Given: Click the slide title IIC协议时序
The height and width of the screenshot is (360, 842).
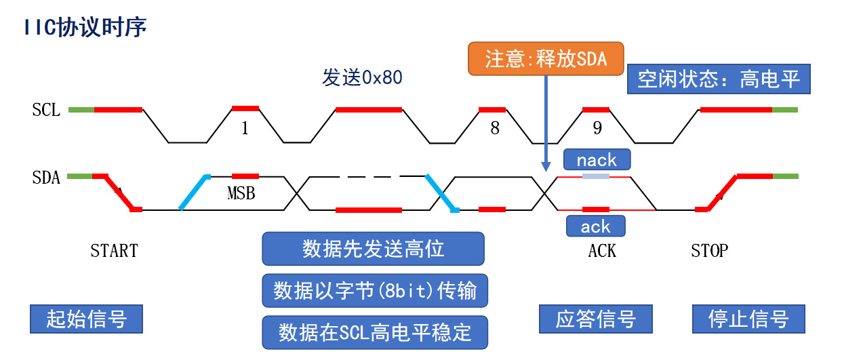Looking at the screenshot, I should pos(85,28).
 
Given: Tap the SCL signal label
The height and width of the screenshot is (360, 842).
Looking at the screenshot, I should pos(46,110).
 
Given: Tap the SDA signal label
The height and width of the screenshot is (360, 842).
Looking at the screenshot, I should pos(46,178).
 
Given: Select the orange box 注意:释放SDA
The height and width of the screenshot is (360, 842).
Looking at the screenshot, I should pos(546,59).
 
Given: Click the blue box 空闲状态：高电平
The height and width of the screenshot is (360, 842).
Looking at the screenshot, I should pos(719,79).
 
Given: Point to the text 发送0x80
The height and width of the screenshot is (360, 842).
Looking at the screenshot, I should pos(362,78).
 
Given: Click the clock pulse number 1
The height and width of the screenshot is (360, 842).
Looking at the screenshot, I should pos(245,128).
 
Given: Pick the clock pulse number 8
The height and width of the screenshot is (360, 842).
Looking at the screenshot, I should pos(495,128).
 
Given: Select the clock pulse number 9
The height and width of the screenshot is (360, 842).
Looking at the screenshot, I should pos(597,128).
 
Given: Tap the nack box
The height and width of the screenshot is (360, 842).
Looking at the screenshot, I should pos(597,160).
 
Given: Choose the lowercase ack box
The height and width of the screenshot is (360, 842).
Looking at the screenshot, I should pos(595,226).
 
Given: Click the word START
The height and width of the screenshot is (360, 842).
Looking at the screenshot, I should pos(114,251).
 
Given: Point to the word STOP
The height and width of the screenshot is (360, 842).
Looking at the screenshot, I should pos(709,251).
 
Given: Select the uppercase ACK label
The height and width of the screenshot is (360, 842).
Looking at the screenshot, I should pos(602,251).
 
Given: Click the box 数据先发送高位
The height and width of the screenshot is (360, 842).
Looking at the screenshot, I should pos(373,249).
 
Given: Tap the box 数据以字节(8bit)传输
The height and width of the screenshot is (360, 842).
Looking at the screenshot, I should pos(375,291).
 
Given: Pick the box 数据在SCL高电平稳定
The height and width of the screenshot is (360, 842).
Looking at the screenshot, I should pos(375,332).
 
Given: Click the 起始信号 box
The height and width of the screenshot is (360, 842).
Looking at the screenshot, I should pos(86,319).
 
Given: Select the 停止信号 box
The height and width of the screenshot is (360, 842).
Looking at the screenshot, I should pos(748,319).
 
